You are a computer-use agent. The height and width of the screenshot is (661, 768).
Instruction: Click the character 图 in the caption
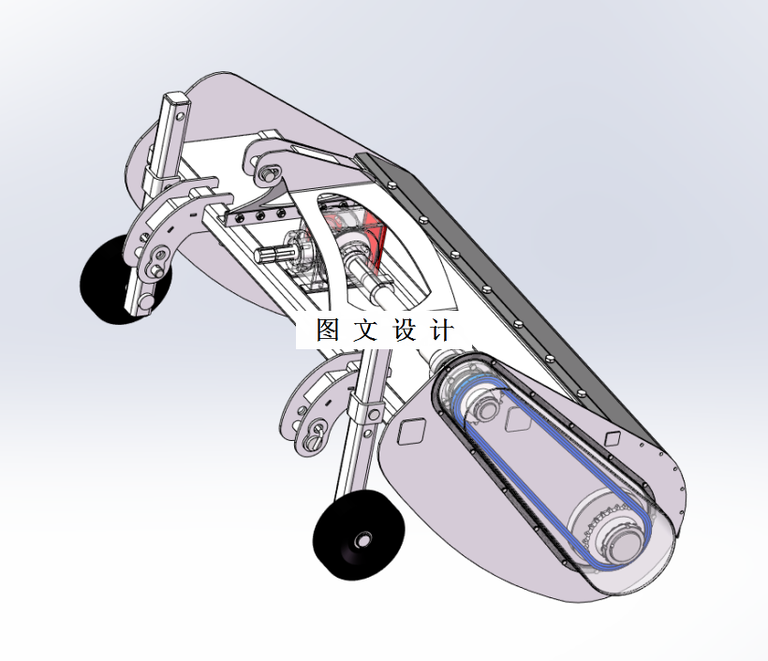click(328, 330)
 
